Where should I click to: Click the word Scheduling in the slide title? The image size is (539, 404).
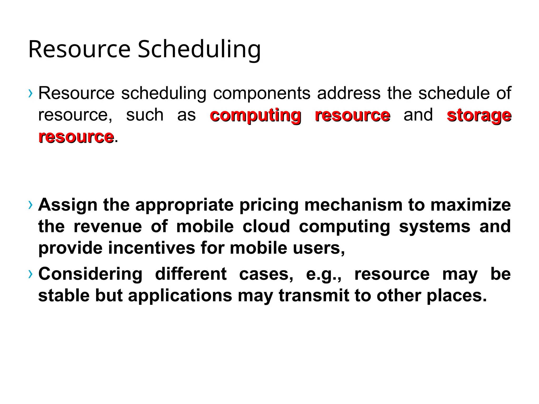pyautogui.click(x=199, y=49)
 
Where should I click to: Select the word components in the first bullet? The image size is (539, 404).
pyautogui.click(x=262, y=93)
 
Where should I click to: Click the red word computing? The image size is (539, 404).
pyautogui.click(x=255, y=116)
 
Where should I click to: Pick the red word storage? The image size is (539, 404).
pyautogui.click(x=479, y=116)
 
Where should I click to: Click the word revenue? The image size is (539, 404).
pyautogui.click(x=108, y=226)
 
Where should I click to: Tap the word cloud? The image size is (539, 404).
pyautogui.click(x=266, y=226)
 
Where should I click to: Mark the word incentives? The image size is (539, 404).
pyautogui.click(x=151, y=248)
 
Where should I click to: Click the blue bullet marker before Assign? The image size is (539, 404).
pyautogui.click(x=31, y=205)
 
